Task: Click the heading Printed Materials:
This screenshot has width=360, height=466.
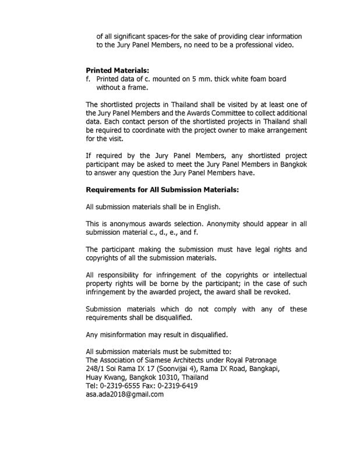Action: [117, 70]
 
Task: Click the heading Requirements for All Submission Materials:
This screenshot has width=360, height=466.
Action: [162, 189]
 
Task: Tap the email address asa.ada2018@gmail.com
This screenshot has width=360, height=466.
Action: [125, 394]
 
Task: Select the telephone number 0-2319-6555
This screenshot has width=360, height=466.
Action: [122, 385]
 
